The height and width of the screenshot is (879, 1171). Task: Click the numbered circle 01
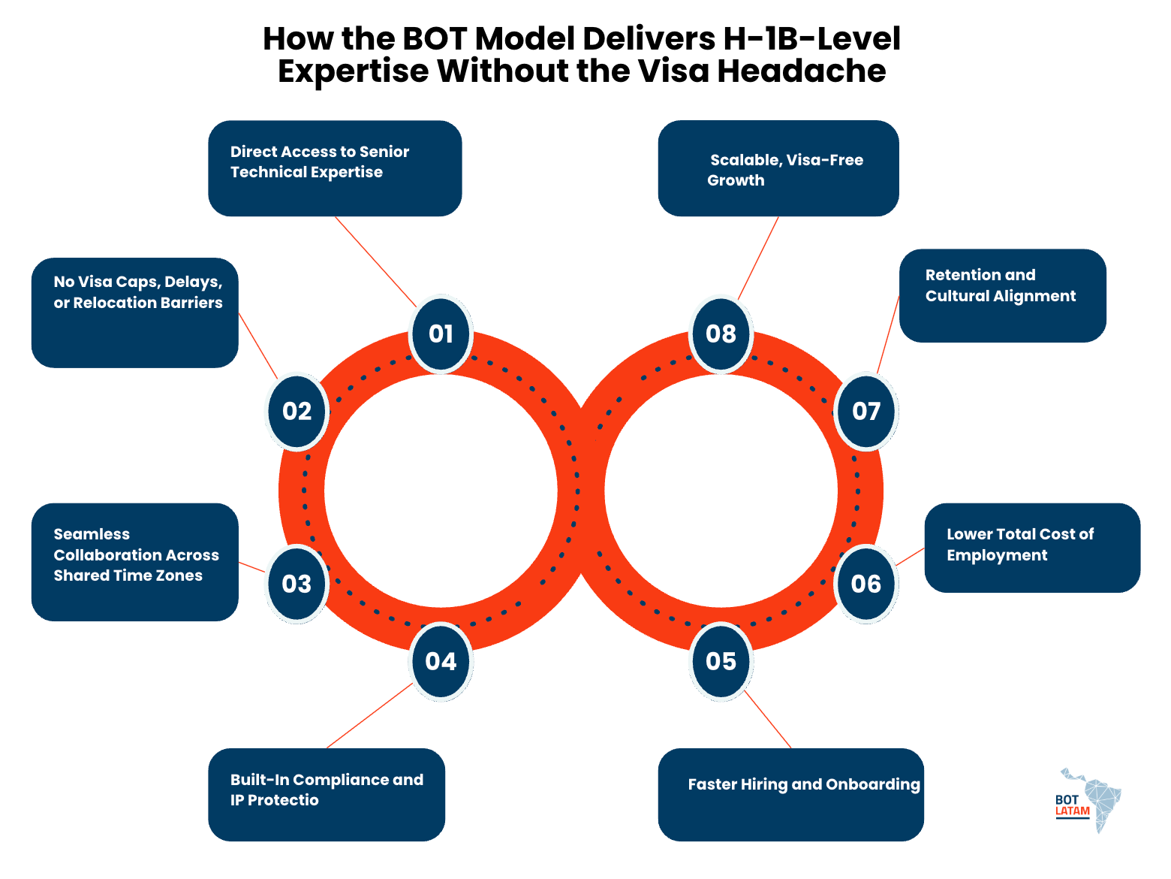(x=441, y=334)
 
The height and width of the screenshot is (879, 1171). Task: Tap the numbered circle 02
(x=297, y=412)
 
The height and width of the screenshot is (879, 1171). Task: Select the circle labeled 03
(x=297, y=584)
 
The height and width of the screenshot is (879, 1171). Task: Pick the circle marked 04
(x=441, y=661)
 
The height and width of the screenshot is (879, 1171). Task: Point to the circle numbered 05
(x=721, y=661)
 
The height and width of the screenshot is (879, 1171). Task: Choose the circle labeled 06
(x=865, y=584)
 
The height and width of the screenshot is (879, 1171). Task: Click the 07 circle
(x=865, y=412)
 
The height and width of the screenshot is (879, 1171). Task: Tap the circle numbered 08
(x=721, y=334)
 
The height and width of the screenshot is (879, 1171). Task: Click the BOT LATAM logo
(x=1088, y=801)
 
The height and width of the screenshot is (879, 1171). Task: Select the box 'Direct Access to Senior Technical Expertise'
(x=335, y=168)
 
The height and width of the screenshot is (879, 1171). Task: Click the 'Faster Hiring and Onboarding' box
(x=790, y=794)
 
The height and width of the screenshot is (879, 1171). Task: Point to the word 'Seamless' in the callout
(x=92, y=534)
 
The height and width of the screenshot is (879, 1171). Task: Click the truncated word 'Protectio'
(x=283, y=800)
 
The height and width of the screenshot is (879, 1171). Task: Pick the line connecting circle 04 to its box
(x=370, y=715)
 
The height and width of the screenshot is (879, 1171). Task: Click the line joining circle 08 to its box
(x=758, y=258)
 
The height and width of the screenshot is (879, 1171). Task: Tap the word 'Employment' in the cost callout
(x=997, y=555)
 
